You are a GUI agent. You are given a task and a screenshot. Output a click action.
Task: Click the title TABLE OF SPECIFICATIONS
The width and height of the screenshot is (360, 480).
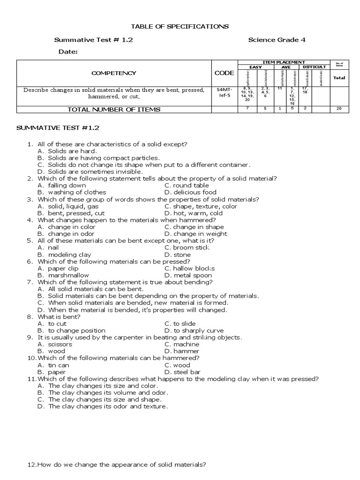[180, 27]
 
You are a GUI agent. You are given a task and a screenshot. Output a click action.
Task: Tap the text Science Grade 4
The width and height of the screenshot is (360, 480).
[277, 40]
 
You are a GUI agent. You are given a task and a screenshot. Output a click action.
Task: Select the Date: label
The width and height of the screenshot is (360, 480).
[68, 52]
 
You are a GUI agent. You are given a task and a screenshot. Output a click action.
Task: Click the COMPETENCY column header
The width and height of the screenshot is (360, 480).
[114, 73]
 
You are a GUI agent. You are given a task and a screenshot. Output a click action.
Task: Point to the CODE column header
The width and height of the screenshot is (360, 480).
[224, 73]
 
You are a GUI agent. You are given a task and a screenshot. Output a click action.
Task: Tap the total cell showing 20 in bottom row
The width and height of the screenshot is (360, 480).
[339, 109]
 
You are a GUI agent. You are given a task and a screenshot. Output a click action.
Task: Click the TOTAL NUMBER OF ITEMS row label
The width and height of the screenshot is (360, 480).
[114, 109]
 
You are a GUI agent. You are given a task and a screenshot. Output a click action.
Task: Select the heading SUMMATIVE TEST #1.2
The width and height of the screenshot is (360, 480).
[58, 127]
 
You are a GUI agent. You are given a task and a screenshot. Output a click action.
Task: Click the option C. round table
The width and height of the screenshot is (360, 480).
[187, 185]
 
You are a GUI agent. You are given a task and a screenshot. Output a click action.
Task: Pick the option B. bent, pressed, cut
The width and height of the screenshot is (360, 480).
[72, 213]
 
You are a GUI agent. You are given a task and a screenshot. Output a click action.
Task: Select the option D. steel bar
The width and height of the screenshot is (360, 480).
[182, 372]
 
